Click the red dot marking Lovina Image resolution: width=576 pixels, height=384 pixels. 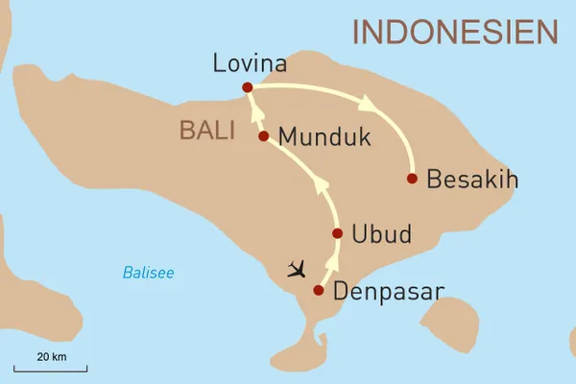pos(248,87)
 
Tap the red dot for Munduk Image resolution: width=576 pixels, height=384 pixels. pos(263,136)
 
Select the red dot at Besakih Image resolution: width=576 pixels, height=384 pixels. pos(412,179)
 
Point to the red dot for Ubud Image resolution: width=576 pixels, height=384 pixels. pos(337,233)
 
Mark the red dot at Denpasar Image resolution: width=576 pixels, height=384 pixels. pos(318,290)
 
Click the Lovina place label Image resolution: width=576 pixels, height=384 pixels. pos(250,64)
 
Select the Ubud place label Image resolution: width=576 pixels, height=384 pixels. pos(382,234)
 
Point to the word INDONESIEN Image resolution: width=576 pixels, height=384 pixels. pos(454,32)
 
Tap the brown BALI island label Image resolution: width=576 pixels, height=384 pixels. pos(207,131)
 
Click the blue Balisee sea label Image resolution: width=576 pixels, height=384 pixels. pos(148,273)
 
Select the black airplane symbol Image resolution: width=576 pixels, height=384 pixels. pos(299,266)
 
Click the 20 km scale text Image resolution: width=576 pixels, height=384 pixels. pos(51,356)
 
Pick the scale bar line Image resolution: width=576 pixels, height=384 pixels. pos(51,368)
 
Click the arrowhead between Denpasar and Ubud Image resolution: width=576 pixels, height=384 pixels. pos(332,262)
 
